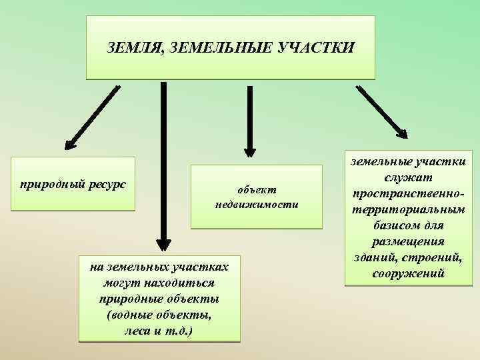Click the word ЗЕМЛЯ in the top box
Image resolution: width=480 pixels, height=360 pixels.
pyautogui.click(x=135, y=48)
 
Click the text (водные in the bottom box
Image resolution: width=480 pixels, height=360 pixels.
pyautogui.click(x=128, y=314)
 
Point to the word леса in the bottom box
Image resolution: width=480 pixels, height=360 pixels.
pyautogui.click(x=137, y=330)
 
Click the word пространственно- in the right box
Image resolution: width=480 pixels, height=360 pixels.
pyautogui.click(x=408, y=193)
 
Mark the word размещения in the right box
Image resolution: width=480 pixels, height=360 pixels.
pyautogui.click(x=408, y=241)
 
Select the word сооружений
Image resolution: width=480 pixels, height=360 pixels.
pyautogui.click(x=408, y=273)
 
